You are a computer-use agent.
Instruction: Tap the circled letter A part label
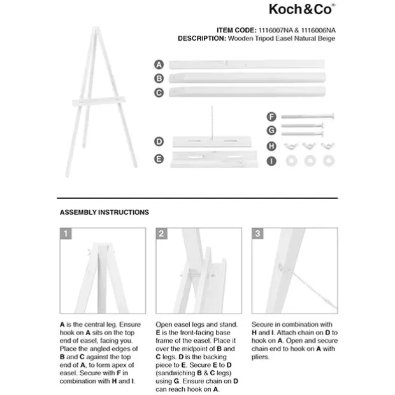(x=159, y=64)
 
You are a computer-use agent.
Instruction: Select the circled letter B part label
(x=159, y=78)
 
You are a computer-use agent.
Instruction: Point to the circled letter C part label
(x=159, y=92)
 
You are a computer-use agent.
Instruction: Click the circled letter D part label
(x=159, y=141)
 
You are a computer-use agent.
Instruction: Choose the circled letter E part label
(x=159, y=157)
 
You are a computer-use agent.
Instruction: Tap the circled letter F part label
(x=271, y=117)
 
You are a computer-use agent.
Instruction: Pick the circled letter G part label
(x=271, y=131)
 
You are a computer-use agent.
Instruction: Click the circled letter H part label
(x=271, y=146)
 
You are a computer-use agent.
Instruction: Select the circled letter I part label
(x=271, y=161)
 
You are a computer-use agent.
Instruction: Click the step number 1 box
(x=66, y=234)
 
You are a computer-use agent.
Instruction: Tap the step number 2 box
(x=162, y=234)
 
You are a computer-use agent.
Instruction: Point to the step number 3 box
(x=257, y=234)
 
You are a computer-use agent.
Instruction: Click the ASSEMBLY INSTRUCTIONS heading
(x=104, y=212)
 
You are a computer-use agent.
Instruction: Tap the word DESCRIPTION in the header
(x=201, y=38)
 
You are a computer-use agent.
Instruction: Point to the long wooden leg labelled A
(x=248, y=64)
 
